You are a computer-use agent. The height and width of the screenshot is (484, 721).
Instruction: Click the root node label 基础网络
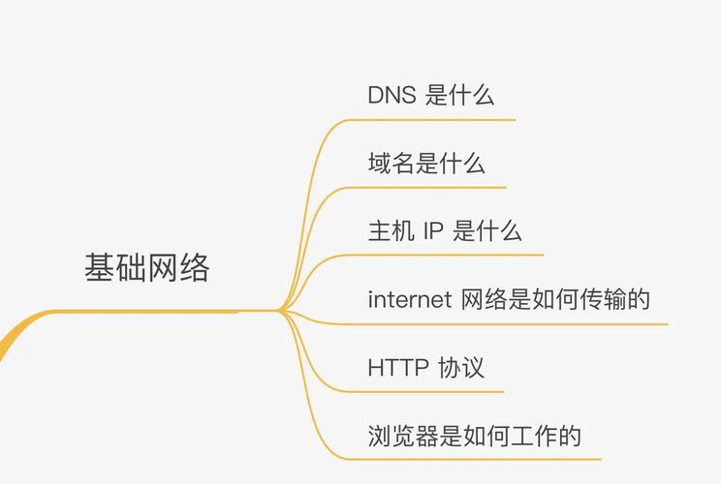147,267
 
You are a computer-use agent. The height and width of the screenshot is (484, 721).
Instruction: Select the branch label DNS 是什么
431,95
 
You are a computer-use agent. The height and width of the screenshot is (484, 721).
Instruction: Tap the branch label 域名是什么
426,163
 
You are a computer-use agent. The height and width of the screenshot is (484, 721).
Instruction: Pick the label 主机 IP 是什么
445,230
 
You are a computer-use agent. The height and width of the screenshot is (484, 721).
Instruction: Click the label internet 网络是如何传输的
509,299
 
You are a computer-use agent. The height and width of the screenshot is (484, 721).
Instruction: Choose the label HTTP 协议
425,368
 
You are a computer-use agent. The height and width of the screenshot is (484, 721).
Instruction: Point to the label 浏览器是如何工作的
474,436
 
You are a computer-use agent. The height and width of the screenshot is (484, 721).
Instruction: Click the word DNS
392,95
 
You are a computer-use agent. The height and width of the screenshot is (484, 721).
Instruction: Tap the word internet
409,299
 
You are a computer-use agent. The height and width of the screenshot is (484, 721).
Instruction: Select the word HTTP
398,368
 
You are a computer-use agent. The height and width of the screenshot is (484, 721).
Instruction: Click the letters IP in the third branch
432,231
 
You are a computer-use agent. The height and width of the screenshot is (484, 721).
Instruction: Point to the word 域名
392,163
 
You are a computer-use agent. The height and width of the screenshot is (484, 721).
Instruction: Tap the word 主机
392,230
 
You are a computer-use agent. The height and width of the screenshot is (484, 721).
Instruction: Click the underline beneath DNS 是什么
431,120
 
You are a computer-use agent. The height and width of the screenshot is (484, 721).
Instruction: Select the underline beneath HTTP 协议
423,392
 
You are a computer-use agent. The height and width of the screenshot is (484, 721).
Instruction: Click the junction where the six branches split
280,311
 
